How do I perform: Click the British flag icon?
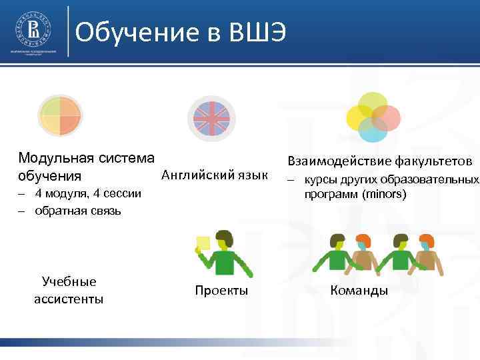(211, 118)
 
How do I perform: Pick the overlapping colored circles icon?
(373, 117)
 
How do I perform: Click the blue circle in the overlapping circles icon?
(373, 131)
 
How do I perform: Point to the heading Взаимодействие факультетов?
(380, 161)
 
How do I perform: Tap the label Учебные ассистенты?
(69, 290)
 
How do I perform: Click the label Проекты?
(221, 291)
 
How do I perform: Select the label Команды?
(359, 291)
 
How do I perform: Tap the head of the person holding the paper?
(225, 239)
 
